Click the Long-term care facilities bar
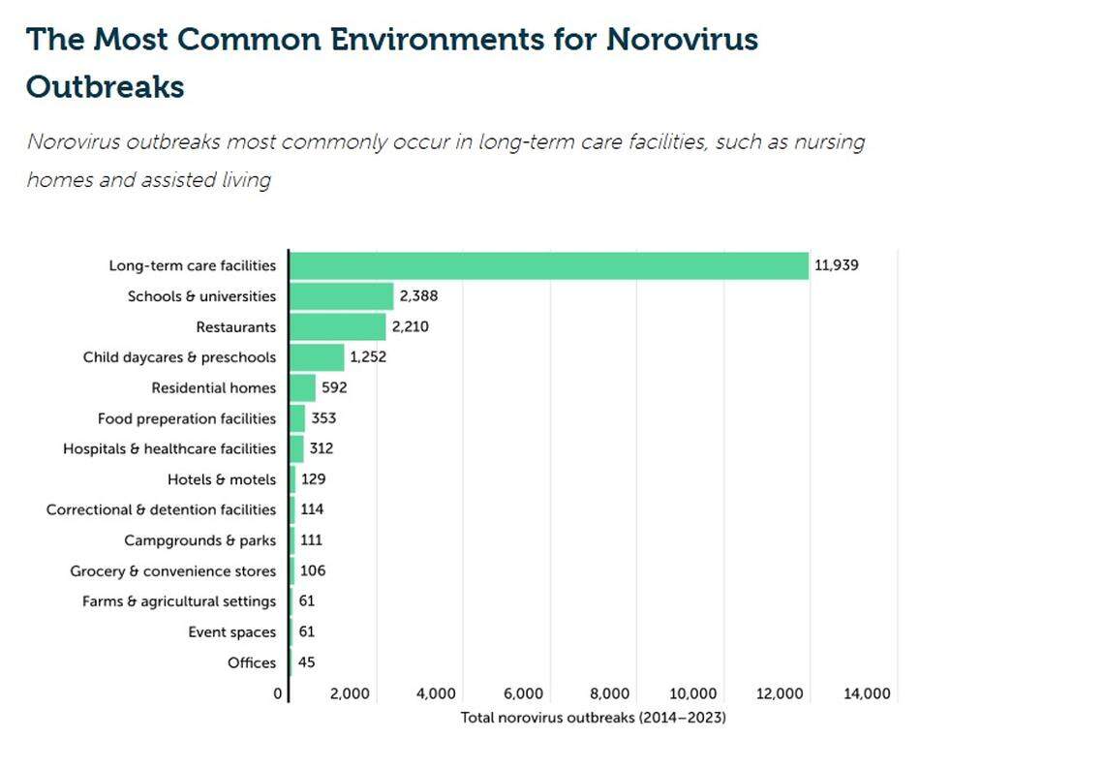point(549,265)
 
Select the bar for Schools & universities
point(342,296)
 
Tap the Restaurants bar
point(338,326)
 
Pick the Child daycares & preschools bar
point(317,357)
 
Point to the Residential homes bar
point(302,388)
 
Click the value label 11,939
point(836,265)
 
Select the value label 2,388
point(418,296)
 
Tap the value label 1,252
point(369,357)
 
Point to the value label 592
point(333,388)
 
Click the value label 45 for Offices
point(306,662)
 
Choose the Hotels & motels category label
point(221,479)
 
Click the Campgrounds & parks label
point(199,540)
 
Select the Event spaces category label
point(231,632)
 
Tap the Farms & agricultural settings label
point(179,601)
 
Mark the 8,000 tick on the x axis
point(609,693)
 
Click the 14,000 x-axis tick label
point(867,693)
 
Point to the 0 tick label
point(278,693)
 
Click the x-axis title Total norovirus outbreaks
point(593,718)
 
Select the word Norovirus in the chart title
point(682,40)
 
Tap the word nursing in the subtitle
point(829,142)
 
